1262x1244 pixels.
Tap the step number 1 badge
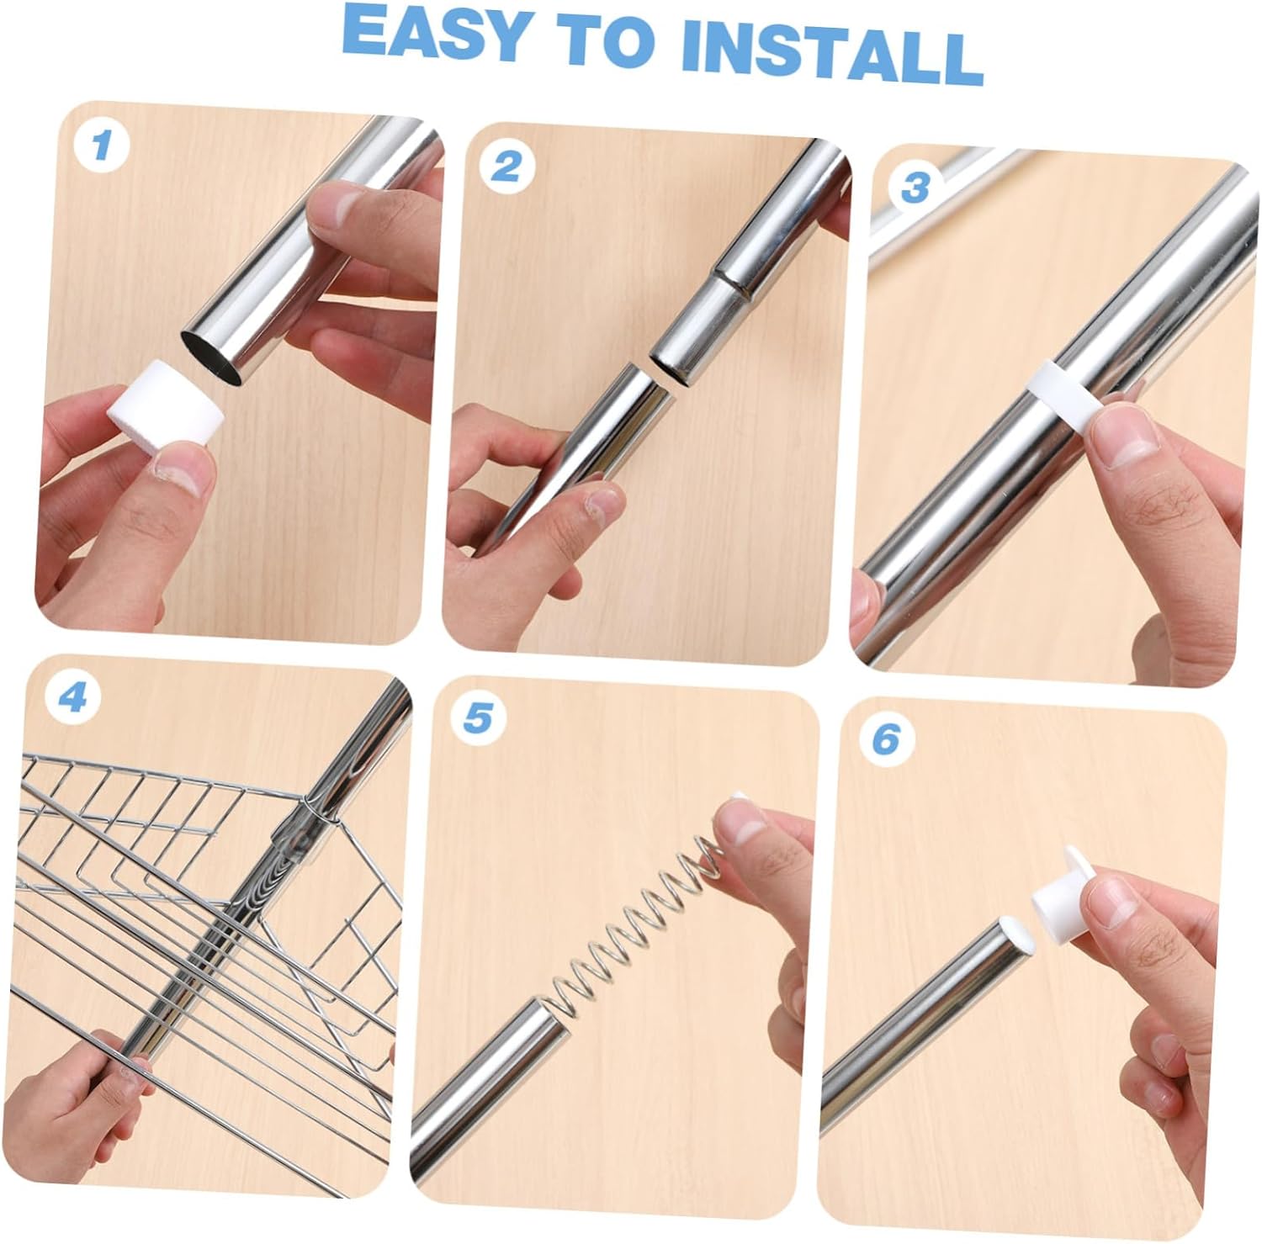pos(102,146)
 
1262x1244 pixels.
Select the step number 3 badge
pos(915,187)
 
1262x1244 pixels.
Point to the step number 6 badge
pos(885,738)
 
